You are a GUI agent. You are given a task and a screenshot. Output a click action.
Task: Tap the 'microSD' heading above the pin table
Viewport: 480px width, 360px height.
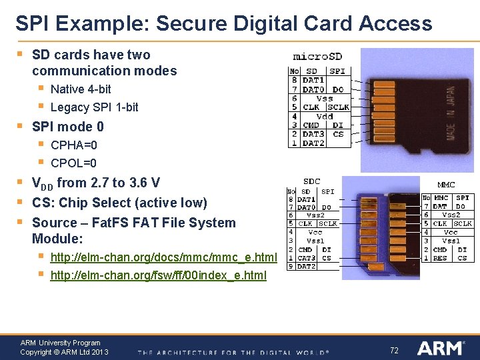(317, 57)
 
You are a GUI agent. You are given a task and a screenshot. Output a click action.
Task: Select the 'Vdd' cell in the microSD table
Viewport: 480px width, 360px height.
(325, 116)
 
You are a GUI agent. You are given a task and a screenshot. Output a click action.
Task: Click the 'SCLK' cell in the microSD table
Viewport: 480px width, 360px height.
(338, 107)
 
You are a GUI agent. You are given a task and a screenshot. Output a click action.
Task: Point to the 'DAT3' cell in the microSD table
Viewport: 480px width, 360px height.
(313, 134)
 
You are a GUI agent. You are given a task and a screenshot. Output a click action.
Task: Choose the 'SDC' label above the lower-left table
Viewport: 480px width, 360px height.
(311, 181)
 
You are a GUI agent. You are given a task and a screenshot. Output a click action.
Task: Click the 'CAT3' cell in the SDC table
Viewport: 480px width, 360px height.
(306, 258)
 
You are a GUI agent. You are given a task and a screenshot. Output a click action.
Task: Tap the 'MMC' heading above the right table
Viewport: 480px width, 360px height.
(446, 185)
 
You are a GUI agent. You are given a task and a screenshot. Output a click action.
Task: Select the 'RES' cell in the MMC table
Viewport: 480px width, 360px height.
(441, 258)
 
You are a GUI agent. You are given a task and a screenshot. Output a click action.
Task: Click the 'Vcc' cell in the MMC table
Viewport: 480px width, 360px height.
(451, 232)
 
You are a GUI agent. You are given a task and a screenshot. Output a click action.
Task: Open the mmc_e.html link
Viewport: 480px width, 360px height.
(163, 257)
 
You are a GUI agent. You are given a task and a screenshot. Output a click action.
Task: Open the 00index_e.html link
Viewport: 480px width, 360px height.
(158, 275)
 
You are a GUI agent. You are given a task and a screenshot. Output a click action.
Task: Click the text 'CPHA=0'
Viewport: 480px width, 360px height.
(73, 145)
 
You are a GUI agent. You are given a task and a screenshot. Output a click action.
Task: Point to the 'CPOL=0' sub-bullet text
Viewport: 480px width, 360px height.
(73, 163)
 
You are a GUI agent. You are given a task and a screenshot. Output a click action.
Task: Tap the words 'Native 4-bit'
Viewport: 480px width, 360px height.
(81, 89)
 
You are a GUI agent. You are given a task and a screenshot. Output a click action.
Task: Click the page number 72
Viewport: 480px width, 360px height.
(393, 349)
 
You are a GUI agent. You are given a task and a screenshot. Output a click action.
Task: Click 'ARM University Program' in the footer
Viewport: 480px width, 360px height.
(60, 343)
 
